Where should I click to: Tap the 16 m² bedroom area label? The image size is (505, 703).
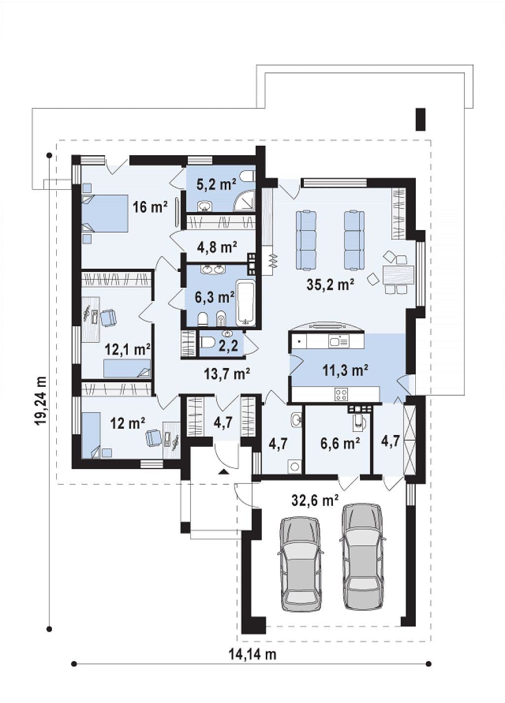coord(150,207)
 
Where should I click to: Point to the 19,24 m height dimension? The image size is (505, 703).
coord(40,401)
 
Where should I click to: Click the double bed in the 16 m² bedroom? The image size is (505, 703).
coord(105,213)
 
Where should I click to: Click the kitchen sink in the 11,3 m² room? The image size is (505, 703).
coord(338,340)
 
